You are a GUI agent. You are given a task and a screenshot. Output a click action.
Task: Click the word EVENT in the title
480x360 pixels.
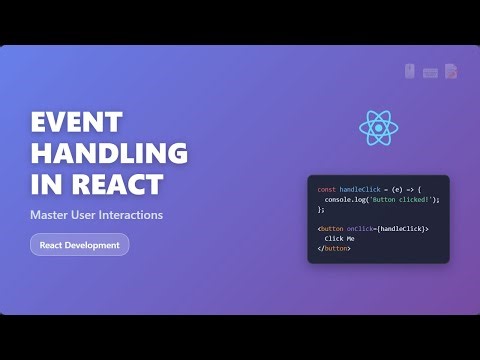pos(75,123)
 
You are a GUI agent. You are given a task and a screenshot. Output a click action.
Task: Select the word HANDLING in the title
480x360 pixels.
pos(109,154)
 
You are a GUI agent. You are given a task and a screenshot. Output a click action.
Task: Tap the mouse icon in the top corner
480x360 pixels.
pos(409,71)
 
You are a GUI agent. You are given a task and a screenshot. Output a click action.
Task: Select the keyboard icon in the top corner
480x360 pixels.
pos(430,72)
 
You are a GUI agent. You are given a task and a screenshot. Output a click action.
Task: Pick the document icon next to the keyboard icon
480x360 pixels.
pos(451,71)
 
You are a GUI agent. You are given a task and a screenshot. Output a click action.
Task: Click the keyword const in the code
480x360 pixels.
pos(326,189)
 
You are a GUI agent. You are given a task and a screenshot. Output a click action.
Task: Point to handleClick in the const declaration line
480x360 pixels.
pos(359,189)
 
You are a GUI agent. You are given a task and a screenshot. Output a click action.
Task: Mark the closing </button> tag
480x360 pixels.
pos(334,249)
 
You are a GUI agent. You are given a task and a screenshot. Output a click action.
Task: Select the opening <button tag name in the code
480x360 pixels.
pos(331,229)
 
